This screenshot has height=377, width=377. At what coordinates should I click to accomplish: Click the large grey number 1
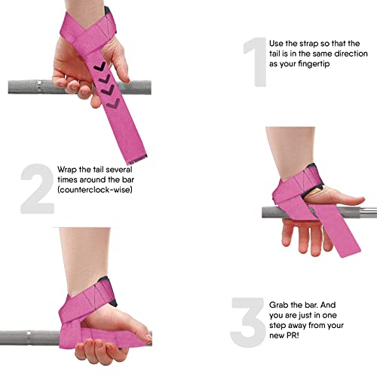click(252, 58)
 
